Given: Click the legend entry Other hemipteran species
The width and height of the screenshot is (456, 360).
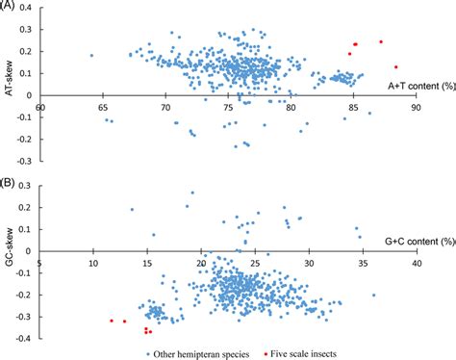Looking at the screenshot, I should [x=199, y=352].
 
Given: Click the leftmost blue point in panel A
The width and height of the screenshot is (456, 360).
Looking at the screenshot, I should [x=91, y=56].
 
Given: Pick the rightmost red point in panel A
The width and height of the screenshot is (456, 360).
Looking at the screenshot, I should [x=395, y=67].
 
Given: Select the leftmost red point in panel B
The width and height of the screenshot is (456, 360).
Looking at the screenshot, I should [x=112, y=320].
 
